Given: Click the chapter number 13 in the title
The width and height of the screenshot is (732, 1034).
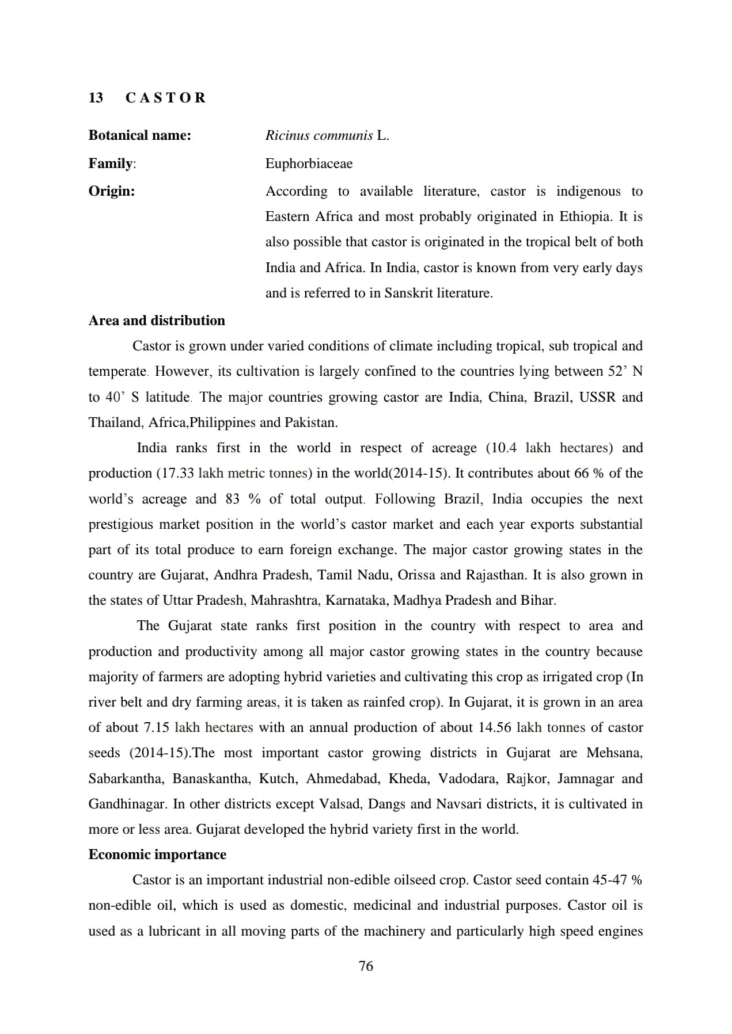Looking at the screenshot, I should (96, 98).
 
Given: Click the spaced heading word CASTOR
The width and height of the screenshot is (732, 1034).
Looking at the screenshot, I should (165, 98).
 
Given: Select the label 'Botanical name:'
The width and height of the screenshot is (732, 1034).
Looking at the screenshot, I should (139, 136).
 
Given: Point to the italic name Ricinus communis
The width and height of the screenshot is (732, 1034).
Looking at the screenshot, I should (318, 136).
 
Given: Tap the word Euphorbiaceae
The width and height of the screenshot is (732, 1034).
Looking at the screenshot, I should (309, 164).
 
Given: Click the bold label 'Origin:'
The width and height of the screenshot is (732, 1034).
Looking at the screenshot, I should (111, 192).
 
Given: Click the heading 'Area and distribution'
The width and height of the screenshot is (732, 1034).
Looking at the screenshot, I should (157, 320).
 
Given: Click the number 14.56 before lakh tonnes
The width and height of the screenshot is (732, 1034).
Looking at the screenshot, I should (495, 728).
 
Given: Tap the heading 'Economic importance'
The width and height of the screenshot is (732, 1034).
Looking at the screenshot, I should (157, 855).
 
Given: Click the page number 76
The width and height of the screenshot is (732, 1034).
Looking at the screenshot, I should (366, 967).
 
